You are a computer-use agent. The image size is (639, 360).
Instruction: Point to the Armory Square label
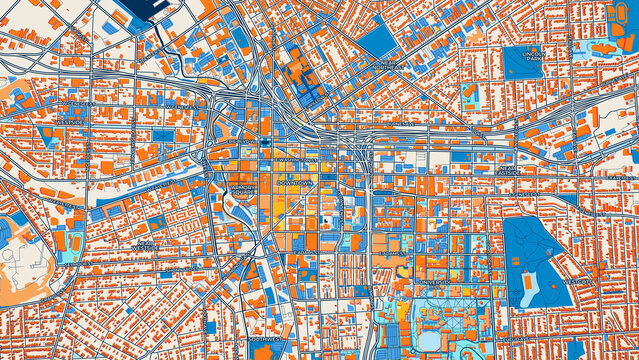(243, 187)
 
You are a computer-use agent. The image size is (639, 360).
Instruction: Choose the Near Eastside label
(508, 170)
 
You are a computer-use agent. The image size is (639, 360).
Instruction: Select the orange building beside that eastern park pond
(516, 263)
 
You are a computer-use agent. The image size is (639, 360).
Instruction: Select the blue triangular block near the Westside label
(46, 134)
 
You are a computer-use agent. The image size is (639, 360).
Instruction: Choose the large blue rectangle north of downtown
(378, 41)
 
